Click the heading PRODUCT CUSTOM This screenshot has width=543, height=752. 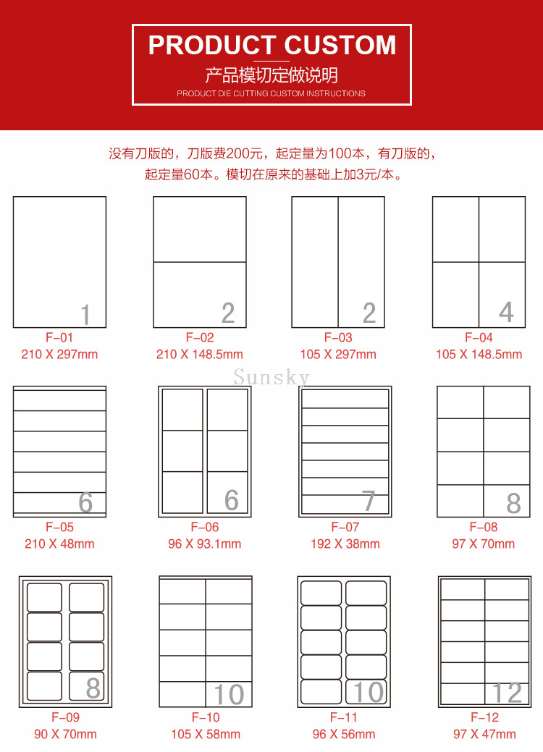[x=272, y=45]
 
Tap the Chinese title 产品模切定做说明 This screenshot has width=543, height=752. [x=271, y=75]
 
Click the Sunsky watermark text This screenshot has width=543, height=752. [x=271, y=377]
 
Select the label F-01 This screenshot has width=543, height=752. [x=59, y=337]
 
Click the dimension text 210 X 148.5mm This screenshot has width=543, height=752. [x=200, y=355]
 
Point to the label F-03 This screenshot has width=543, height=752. [x=338, y=337]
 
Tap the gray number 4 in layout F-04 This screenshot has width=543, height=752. [x=507, y=312]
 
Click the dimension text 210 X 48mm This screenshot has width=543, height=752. [x=59, y=544]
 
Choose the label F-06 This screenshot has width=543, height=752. [x=205, y=527]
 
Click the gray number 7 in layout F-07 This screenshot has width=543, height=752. [x=369, y=501]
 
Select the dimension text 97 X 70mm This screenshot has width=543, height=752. [x=484, y=544]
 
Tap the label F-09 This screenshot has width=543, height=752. [x=66, y=717]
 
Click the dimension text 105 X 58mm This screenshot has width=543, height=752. [x=206, y=734]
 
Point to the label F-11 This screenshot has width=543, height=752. [x=344, y=717]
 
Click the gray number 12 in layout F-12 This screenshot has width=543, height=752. [x=507, y=693]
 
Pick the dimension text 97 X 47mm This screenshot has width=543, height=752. [x=484, y=734]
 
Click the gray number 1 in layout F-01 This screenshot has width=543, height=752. [x=85, y=315]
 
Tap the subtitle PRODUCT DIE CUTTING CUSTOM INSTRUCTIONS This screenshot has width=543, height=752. [x=271, y=93]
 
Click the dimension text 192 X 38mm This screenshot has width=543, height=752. [x=345, y=544]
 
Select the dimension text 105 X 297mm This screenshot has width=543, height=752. [x=338, y=355]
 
